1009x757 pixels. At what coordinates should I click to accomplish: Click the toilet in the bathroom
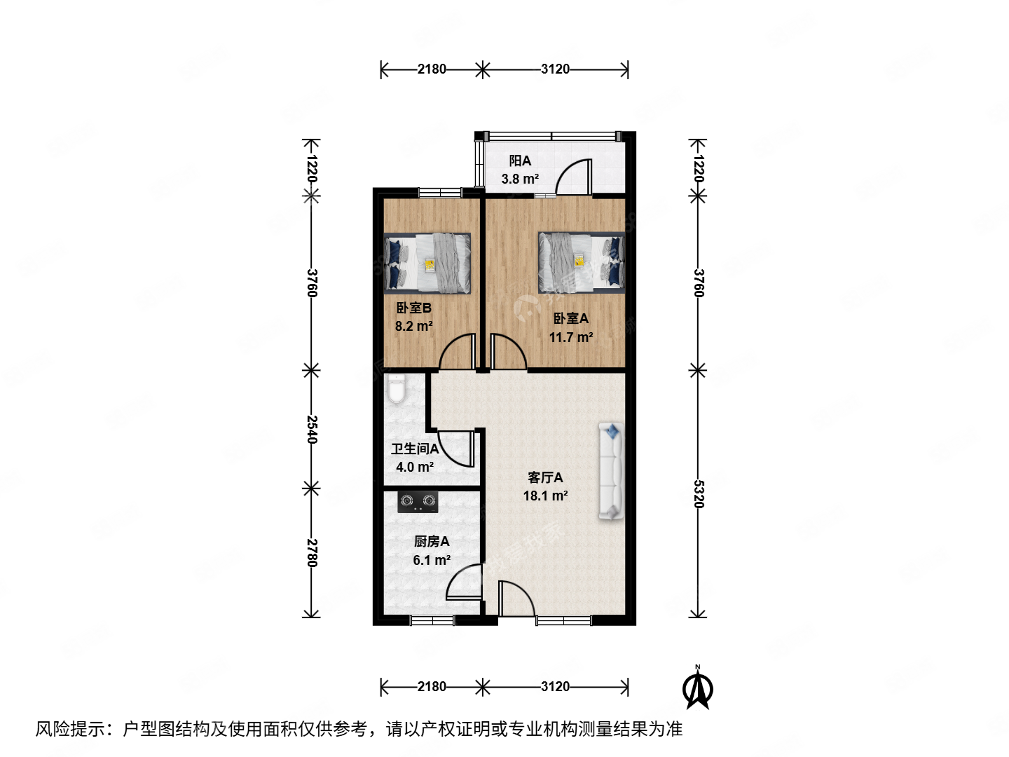(397, 389)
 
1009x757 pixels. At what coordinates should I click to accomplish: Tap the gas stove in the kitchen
(418, 501)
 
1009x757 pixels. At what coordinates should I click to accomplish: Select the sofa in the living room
(611, 471)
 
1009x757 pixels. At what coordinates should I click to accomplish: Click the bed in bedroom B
(427, 263)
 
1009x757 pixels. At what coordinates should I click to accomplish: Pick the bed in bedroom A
(581, 263)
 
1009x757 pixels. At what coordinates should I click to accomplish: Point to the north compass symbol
(698, 688)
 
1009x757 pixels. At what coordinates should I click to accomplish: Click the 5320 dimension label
(698, 493)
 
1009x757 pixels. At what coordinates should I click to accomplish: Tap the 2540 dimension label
(313, 429)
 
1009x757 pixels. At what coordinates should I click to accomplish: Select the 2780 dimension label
(313, 552)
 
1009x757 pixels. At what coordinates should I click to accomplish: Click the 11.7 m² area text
(570, 337)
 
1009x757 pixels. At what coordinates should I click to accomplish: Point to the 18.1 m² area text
(545, 496)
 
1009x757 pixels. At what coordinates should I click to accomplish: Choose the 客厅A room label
(545, 477)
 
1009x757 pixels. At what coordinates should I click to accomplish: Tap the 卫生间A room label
(415, 449)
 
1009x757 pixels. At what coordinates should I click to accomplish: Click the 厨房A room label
(432, 541)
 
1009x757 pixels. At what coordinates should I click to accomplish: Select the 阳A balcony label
(520, 161)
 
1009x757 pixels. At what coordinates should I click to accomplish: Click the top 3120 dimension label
(555, 69)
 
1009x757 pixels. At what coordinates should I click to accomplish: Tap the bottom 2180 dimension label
(432, 686)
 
